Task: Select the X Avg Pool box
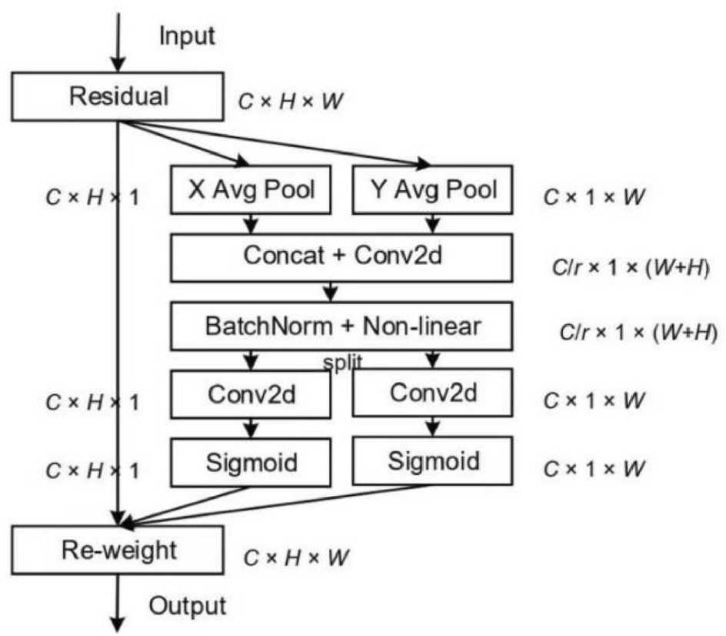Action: click(x=251, y=189)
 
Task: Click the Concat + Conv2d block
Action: click(x=341, y=257)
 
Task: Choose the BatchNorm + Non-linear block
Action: click(x=341, y=326)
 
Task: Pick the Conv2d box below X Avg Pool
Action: click(x=251, y=394)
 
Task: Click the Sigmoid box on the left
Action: click(x=251, y=462)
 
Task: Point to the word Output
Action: click(x=188, y=605)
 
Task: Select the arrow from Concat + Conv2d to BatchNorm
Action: click(x=331, y=291)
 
